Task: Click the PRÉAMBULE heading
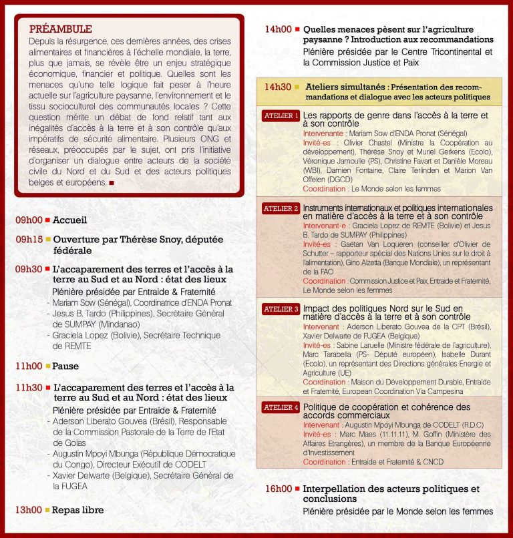[x=61, y=29]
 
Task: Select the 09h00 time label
[x=29, y=220]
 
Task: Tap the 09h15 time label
[x=29, y=239]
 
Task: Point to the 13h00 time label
[x=29, y=510]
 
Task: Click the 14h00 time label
[x=278, y=29]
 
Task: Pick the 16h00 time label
[x=278, y=489]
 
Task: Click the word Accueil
[x=70, y=220]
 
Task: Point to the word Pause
[x=66, y=366]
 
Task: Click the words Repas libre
[x=78, y=510]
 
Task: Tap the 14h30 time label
[x=278, y=87]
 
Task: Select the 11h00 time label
[x=29, y=366]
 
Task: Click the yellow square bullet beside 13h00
[x=47, y=510]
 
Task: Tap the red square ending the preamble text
[x=112, y=182]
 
